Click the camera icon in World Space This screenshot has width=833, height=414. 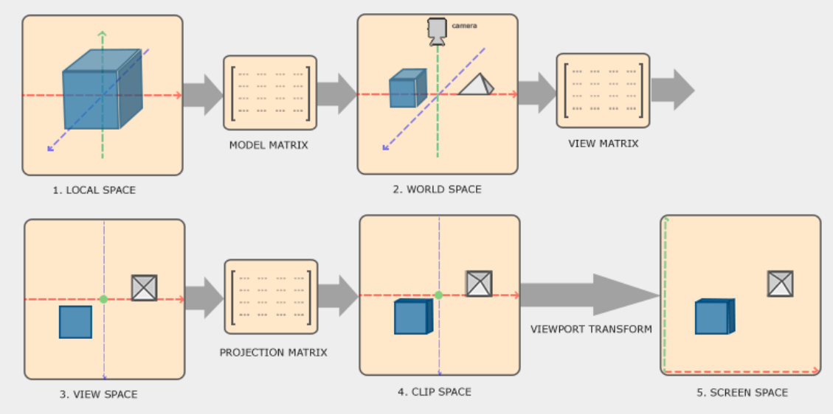438,31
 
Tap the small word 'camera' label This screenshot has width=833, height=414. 464,26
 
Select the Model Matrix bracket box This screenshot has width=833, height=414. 270,93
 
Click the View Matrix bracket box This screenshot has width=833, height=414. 603,91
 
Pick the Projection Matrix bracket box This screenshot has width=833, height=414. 271,297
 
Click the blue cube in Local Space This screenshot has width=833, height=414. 103,89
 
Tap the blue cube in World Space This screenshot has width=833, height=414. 408,88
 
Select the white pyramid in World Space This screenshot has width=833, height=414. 476,84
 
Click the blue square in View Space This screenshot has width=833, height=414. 75,322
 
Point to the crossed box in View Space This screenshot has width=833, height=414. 145,288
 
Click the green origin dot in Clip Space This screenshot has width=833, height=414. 439,295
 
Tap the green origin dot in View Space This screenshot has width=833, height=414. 103,300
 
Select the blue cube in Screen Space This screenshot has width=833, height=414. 715,317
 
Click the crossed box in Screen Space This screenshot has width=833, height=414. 781,284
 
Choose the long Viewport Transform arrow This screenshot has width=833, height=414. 590,295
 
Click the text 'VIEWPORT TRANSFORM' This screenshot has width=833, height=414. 591,329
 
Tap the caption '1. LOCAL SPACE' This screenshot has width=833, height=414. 94,190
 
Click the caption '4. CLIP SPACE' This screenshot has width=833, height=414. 435,392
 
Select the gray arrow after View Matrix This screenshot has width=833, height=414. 673,90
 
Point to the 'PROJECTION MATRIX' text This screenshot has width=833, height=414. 274,353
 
